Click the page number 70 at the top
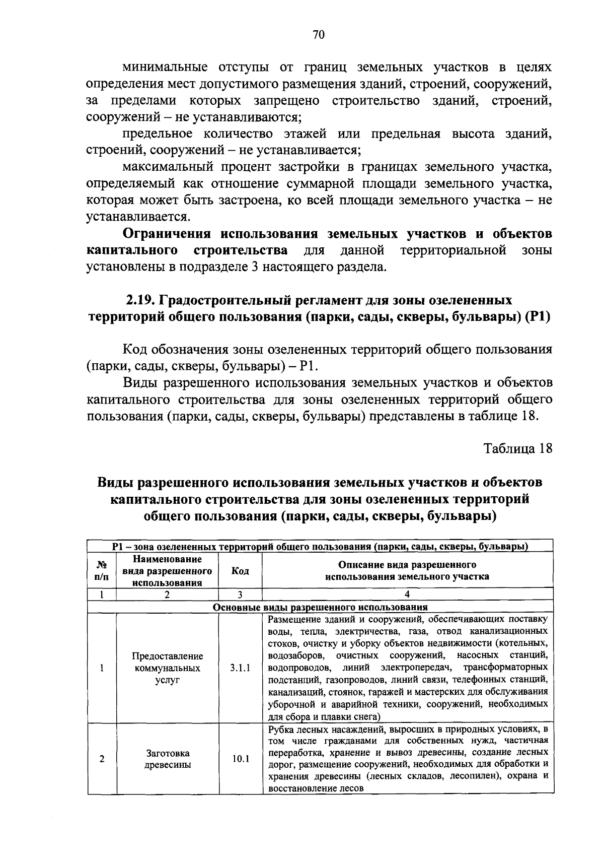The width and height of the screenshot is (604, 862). coord(318,34)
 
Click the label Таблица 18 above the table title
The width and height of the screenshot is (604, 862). coord(518,448)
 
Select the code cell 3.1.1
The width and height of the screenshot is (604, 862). coord(240,668)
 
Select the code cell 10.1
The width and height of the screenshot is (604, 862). coord(240,758)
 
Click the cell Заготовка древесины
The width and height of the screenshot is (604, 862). coord(168,758)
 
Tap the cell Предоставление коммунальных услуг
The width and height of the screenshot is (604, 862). coord(168,668)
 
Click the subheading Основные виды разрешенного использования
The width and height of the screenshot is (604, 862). coord(320,607)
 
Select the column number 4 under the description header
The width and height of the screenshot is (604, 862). coord(407,594)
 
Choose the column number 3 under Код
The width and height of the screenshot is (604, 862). coord(240,594)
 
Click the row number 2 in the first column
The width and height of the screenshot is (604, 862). coord(102,758)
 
